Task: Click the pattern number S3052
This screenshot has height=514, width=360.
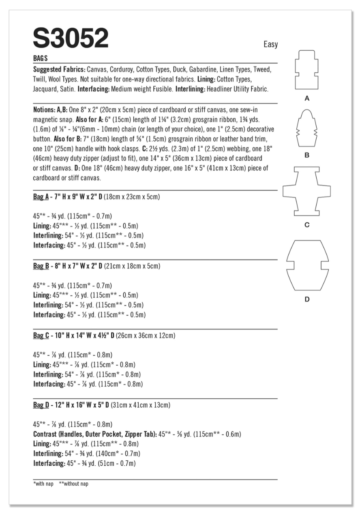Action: pos(71,39)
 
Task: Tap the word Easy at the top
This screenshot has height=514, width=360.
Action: pos(270,44)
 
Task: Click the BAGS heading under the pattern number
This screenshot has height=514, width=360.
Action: pos(41,58)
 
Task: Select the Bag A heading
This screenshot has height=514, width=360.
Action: pos(41,197)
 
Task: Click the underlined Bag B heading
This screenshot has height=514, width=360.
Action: pos(41,267)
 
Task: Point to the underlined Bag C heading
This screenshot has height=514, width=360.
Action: pos(41,336)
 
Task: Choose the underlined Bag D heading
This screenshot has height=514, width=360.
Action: pos(41,405)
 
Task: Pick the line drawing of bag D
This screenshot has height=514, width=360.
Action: pos(307,265)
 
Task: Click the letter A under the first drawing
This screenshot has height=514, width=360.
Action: pos(307,99)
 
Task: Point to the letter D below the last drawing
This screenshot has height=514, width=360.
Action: pos(307,299)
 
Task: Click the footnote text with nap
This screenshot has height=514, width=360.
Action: pos(41,484)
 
